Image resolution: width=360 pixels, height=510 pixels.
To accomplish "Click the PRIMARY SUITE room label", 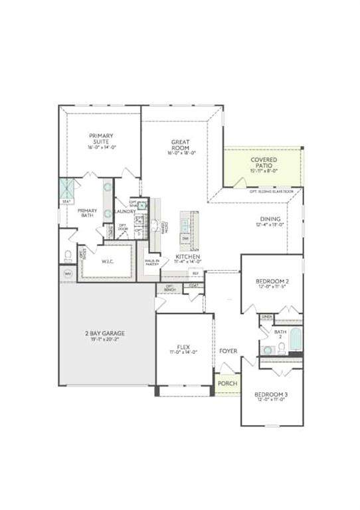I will [101, 139].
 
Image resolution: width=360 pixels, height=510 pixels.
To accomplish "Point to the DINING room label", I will [270, 218].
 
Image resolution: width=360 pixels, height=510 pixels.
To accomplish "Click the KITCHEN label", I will [189, 256].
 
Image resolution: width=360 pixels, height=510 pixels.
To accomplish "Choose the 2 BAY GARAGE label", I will [105, 333].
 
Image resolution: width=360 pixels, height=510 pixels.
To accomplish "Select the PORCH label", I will [228, 383].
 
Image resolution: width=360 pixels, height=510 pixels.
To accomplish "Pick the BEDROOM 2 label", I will [272, 281].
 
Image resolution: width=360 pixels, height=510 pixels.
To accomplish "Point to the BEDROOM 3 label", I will [271, 394].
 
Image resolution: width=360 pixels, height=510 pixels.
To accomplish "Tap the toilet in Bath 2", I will [268, 349].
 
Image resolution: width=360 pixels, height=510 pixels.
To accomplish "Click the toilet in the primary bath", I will [68, 255].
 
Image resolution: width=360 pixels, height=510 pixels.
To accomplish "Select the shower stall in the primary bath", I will [67, 188].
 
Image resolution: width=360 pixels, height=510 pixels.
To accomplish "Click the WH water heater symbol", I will [68, 273].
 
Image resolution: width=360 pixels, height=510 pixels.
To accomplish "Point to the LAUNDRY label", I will [124, 211].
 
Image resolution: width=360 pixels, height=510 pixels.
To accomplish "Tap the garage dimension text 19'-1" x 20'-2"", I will [105, 339].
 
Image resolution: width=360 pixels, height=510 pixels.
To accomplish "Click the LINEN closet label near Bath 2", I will [267, 317].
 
